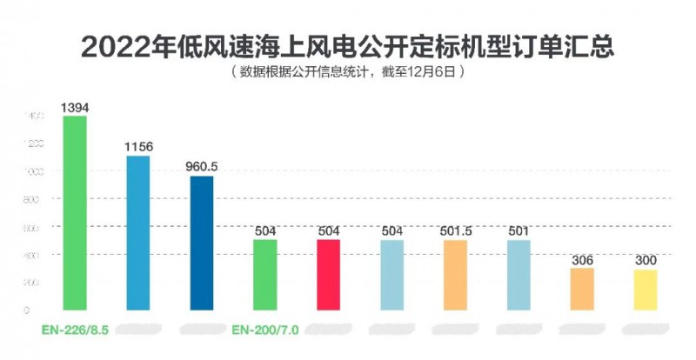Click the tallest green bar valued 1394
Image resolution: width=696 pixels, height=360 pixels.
tap(75, 213)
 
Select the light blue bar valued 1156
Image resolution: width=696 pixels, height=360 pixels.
tap(138, 233)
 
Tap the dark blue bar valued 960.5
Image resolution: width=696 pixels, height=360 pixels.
tap(202, 243)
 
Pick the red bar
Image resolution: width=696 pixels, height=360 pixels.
tap(328, 275)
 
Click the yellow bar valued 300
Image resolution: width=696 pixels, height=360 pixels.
tap(646, 290)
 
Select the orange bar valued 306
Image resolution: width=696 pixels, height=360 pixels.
tap(582, 289)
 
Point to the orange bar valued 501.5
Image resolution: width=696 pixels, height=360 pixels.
tap(455, 275)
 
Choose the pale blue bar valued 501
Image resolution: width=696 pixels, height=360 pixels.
tap(519, 275)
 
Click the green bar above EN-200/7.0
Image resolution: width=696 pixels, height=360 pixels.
tap(264, 275)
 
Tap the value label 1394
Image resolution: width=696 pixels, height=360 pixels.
tap(75, 108)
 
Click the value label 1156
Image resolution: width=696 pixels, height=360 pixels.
tap(138, 147)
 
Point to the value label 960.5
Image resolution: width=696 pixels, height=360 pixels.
tap(202, 166)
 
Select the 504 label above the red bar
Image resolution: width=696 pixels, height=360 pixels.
tap(328, 230)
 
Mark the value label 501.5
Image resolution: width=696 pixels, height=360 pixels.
tap(455, 230)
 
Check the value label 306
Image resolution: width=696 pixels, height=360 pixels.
tap(582, 259)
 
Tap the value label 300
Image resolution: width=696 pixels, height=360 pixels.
tap(646, 260)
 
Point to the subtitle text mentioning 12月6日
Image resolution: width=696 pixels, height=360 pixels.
tap(348, 73)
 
